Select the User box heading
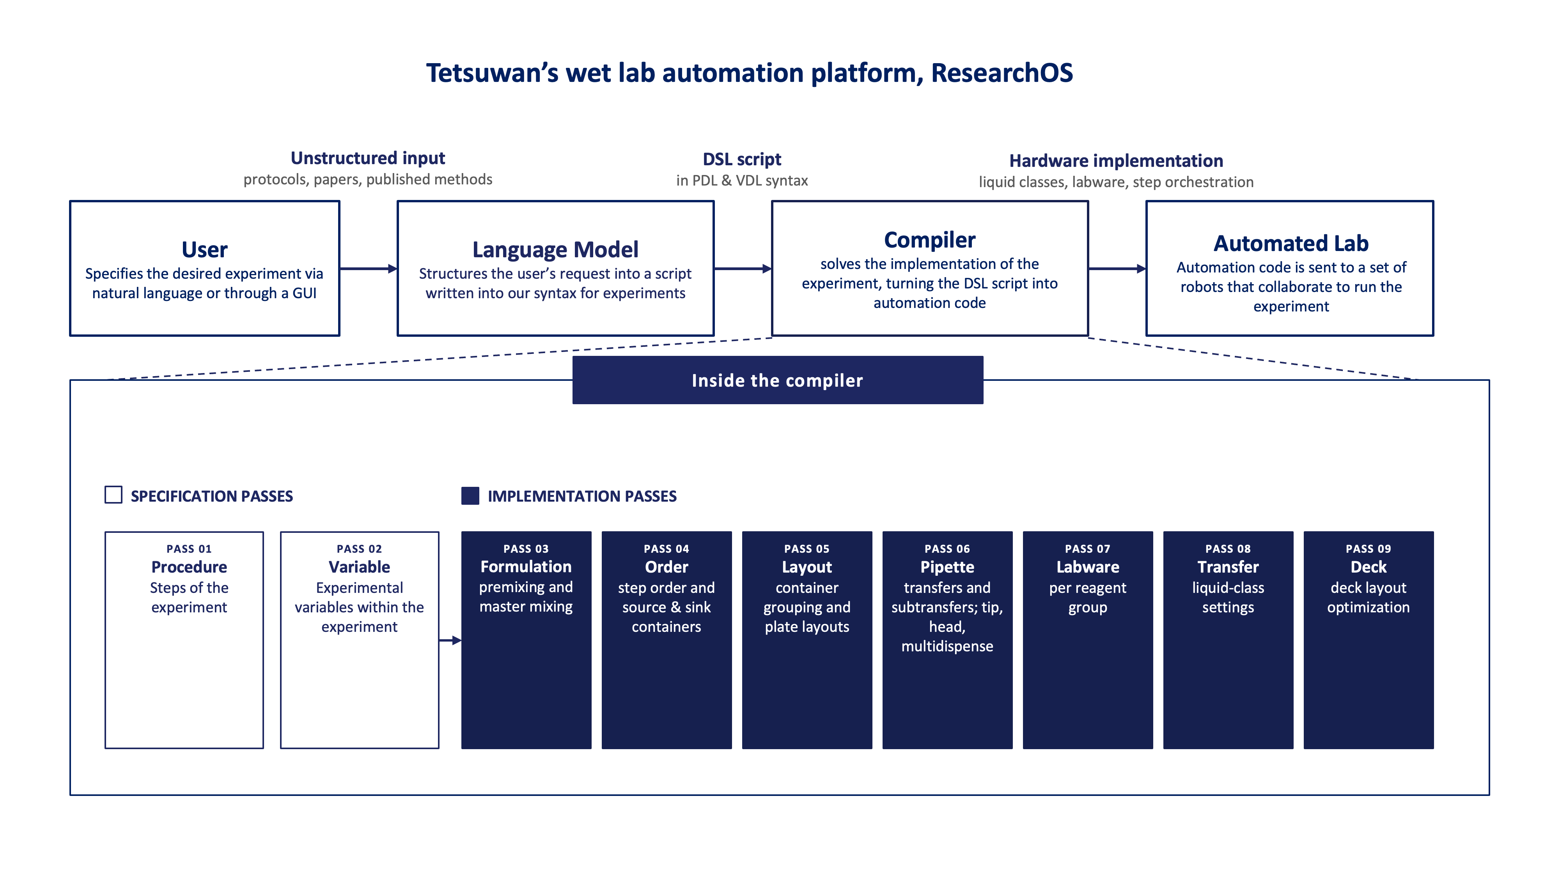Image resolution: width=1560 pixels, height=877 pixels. coord(205,249)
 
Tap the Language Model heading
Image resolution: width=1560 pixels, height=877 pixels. coord(555,249)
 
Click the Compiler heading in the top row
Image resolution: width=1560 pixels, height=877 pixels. coord(930,240)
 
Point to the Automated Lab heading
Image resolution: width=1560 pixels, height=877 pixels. coord(1291,243)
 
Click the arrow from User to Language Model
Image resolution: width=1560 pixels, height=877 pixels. coord(368,268)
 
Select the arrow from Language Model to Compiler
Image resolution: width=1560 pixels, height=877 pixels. coord(743,268)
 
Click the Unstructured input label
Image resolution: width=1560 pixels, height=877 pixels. coord(368,158)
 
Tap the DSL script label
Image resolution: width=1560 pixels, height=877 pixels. coord(742,159)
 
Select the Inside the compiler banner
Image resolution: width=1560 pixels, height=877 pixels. coord(778,380)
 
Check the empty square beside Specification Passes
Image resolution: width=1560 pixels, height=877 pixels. coord(113,495)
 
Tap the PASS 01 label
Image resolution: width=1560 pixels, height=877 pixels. coord(189,549)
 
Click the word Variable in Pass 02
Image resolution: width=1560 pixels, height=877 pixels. coord(359,567)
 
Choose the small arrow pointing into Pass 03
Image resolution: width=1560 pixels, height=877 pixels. coord(450,640)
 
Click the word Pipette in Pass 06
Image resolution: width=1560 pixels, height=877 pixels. coord(947,567)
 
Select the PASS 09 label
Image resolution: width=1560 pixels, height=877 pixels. coord(1368,549)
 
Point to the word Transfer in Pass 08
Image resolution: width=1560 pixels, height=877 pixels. coord(1228,567)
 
